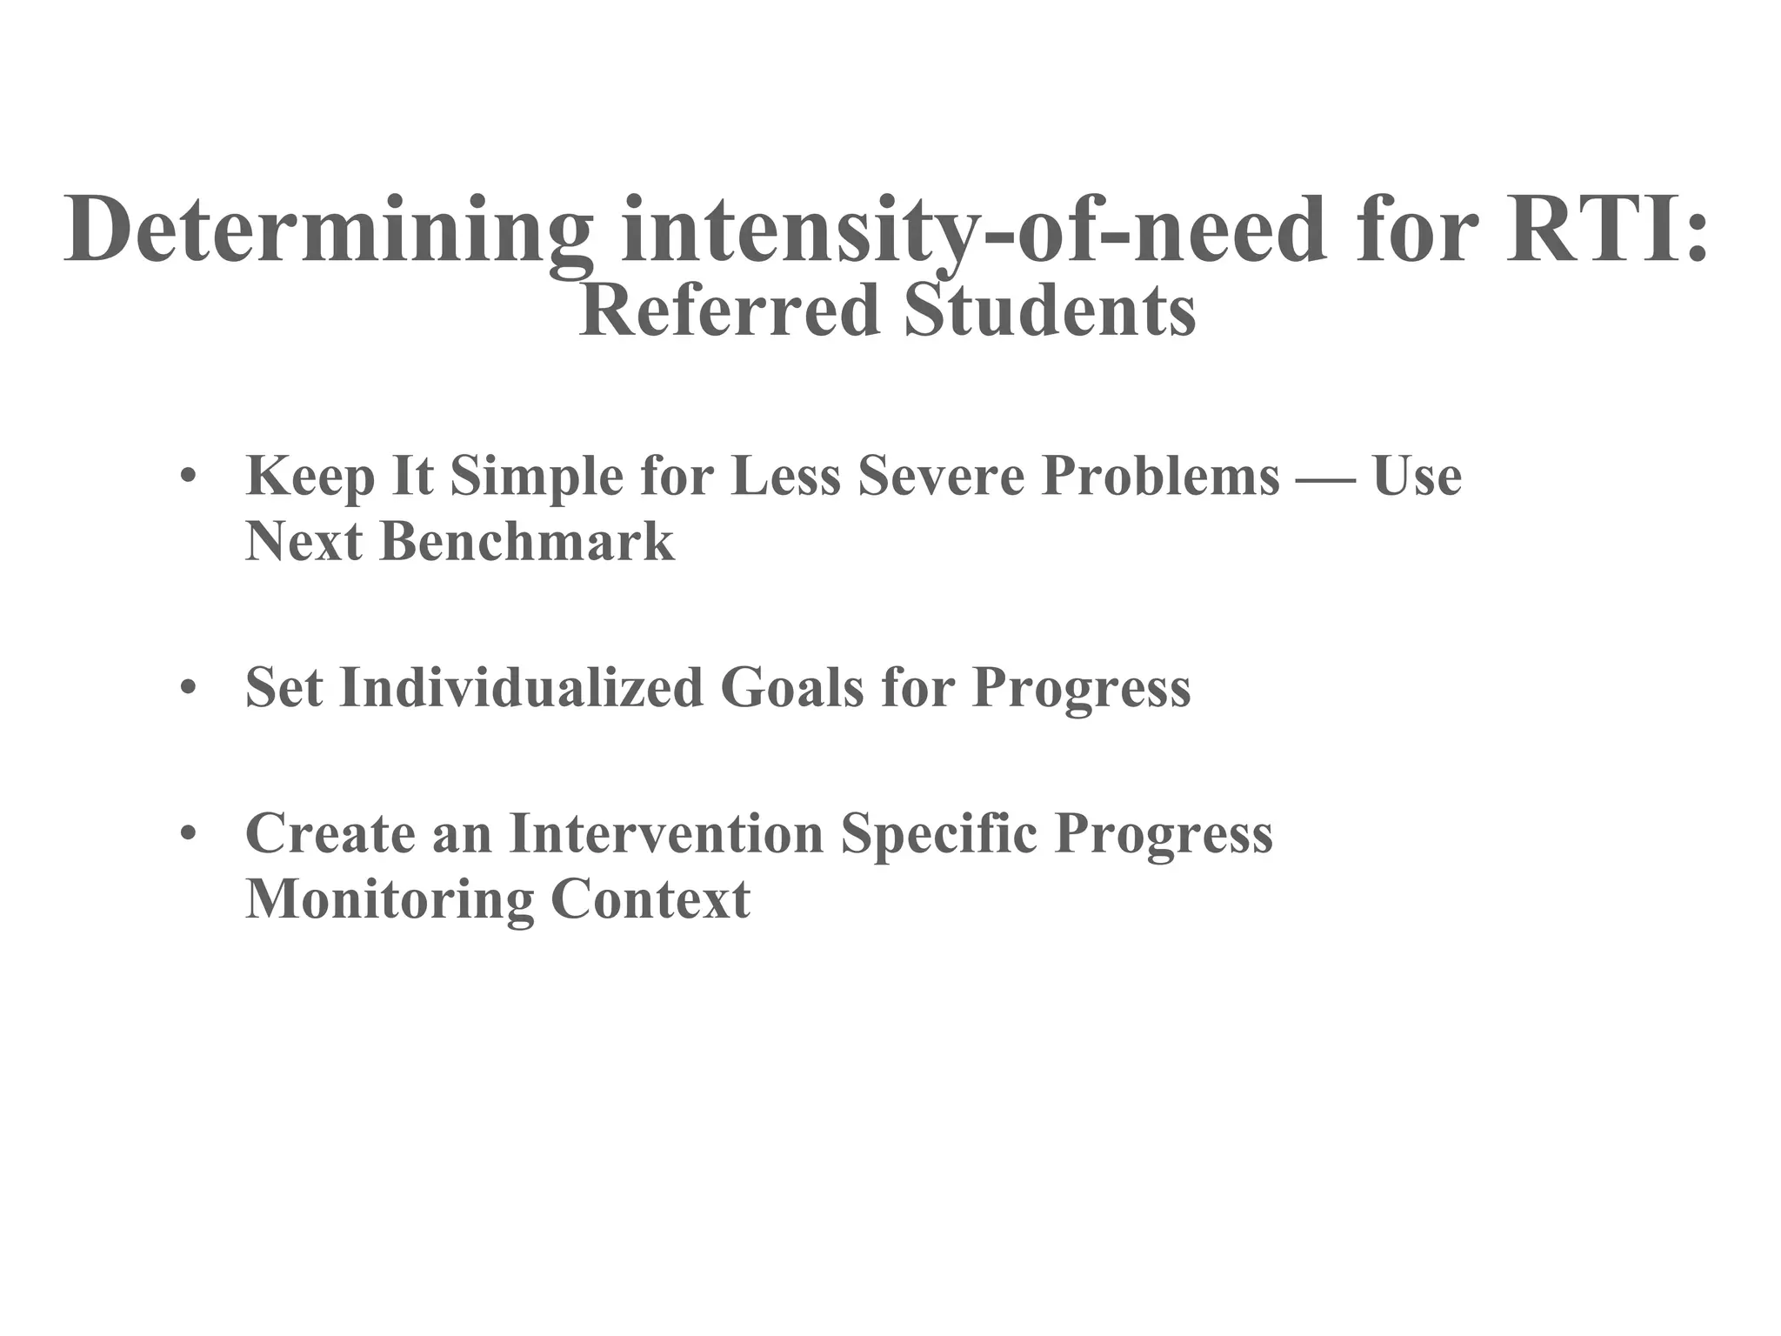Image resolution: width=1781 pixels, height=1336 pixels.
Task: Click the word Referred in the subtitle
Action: [x=730, y=311]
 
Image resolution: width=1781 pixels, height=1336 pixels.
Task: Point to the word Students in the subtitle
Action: [x=1049, y=311]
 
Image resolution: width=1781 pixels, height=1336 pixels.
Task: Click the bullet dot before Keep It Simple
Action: [x=186, y=478]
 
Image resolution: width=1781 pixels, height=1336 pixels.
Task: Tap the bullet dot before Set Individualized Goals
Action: [x=186, y=689]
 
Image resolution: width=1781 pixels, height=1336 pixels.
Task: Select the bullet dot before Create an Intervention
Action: [x=186, y=834]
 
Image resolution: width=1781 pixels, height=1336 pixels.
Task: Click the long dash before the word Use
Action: [x=1326, y=478]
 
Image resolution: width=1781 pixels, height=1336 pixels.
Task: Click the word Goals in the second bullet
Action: [x=792, y=687]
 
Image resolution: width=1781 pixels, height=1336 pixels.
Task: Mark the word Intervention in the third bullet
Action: [x=665, y=833]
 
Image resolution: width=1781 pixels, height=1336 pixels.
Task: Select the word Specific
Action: [x=939, y=833]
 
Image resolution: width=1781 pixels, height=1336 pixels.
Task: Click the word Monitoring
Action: [x=390, y=899]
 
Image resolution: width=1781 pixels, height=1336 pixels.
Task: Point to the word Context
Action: [x=650, y=899]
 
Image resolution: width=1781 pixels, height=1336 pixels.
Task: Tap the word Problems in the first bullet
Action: [x=1161, y=477]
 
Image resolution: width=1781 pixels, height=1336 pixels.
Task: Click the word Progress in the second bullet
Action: [x=1081, y=689]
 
